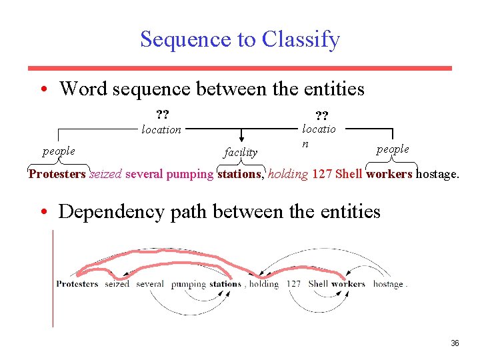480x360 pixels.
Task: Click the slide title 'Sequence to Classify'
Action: pyautogui.click(x=240, y=39)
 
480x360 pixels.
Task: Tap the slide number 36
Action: pyautogui.click(x=455, y=343)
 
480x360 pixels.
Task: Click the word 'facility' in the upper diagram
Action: pyautogui.click(x=241, y=152)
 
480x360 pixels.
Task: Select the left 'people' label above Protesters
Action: pyautogui.click(x=59, y=151)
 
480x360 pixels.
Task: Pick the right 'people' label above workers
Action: pyautogui.click(x=393, y=149)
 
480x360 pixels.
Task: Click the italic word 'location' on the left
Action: pyautogui.click(x=161, y=129)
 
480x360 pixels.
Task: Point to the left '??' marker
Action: pyautogui.click(x=162, y=113)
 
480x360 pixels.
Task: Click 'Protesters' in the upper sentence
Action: pyautogui.click(x=57, y=175)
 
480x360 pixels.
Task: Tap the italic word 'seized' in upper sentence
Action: pyautogui.click(x=105, y=175)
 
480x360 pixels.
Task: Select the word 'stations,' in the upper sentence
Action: pyautogui.click(x=241, y=175)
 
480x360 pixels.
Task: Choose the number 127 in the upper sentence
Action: pyautogui.click(x=322, y=175)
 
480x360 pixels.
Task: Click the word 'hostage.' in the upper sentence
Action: pyautogui.click(x=437, y=175)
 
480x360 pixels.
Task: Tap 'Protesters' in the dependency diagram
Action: pyautogui.click(x=77, y=284)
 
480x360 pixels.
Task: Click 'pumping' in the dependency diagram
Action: pyautogui.click(x=188, y=284)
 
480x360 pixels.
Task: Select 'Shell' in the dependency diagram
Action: pyautogui.click(x=319, y=284)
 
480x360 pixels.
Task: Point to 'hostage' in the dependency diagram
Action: pyautogui.click(x=388, y=284)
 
